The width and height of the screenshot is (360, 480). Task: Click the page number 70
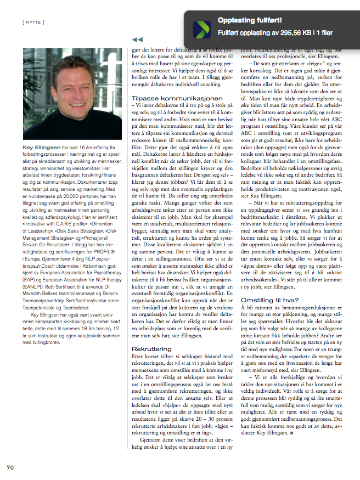pyautogui.click(x=10, y=467)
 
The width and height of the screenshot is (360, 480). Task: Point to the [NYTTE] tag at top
pyautogui.click(x=34, y=21)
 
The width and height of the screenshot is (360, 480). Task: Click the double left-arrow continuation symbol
pyautogui.click(x=138, y=39)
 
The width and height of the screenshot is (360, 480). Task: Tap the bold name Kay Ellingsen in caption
pyautogui.click(x=41, y=148)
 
